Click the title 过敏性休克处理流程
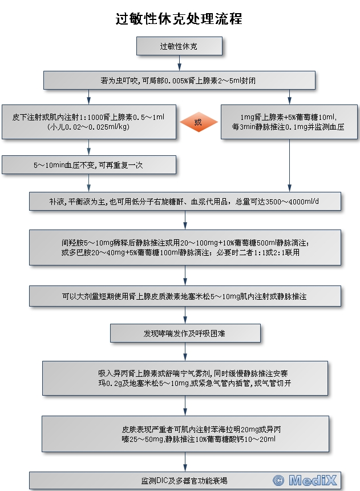point(179,19)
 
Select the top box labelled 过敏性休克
point(179,46)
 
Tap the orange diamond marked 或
point(199,122)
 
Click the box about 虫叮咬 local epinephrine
point(179,81)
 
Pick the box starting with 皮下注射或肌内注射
point(88,122)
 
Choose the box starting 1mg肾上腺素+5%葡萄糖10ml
point(289,122)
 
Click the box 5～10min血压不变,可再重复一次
point(88,165)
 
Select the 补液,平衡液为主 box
point(185,201)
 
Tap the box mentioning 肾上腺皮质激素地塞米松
point(185,297)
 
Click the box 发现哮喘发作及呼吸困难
point(185,333)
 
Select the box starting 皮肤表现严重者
point(185,434)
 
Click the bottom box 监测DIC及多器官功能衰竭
point(185,481)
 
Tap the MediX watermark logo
point(313,480)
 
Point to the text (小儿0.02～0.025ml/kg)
point(88,127)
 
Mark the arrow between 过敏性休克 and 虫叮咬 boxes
point(179,63)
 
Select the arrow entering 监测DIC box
point(185,463)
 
